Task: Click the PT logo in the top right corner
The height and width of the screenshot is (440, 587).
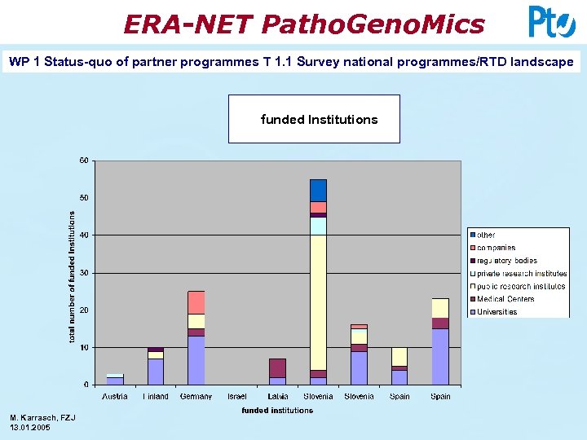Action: point(551,22)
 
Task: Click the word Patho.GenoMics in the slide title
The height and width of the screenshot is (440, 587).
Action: point(373,24)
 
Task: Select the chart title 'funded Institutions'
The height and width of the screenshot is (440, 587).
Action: point(319,120)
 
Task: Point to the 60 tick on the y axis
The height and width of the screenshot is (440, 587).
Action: point(84,161)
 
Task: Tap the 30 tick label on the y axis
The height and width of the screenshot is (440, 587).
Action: point(84,273)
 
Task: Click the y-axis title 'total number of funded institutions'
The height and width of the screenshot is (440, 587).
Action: point(72,276)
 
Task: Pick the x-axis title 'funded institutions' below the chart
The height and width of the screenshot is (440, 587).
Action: point(277,411)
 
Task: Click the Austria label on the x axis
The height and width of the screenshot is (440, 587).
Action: point(115,397)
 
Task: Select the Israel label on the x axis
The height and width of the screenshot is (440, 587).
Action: point(236,397)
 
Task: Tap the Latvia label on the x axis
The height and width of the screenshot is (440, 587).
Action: point(277,397)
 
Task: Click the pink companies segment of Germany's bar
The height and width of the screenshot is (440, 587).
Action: point(196,302)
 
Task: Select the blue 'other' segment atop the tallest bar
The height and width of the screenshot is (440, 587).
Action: point(318,190)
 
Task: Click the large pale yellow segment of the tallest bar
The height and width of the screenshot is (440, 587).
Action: point(318,301)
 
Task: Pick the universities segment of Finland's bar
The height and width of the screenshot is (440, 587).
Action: point(156,372)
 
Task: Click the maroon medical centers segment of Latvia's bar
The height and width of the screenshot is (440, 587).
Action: point(277,367)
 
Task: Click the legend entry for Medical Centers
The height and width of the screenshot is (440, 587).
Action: point(505,299)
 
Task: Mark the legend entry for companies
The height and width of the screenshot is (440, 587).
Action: point(496,248)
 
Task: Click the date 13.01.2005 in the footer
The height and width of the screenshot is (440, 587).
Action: point(30,427)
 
